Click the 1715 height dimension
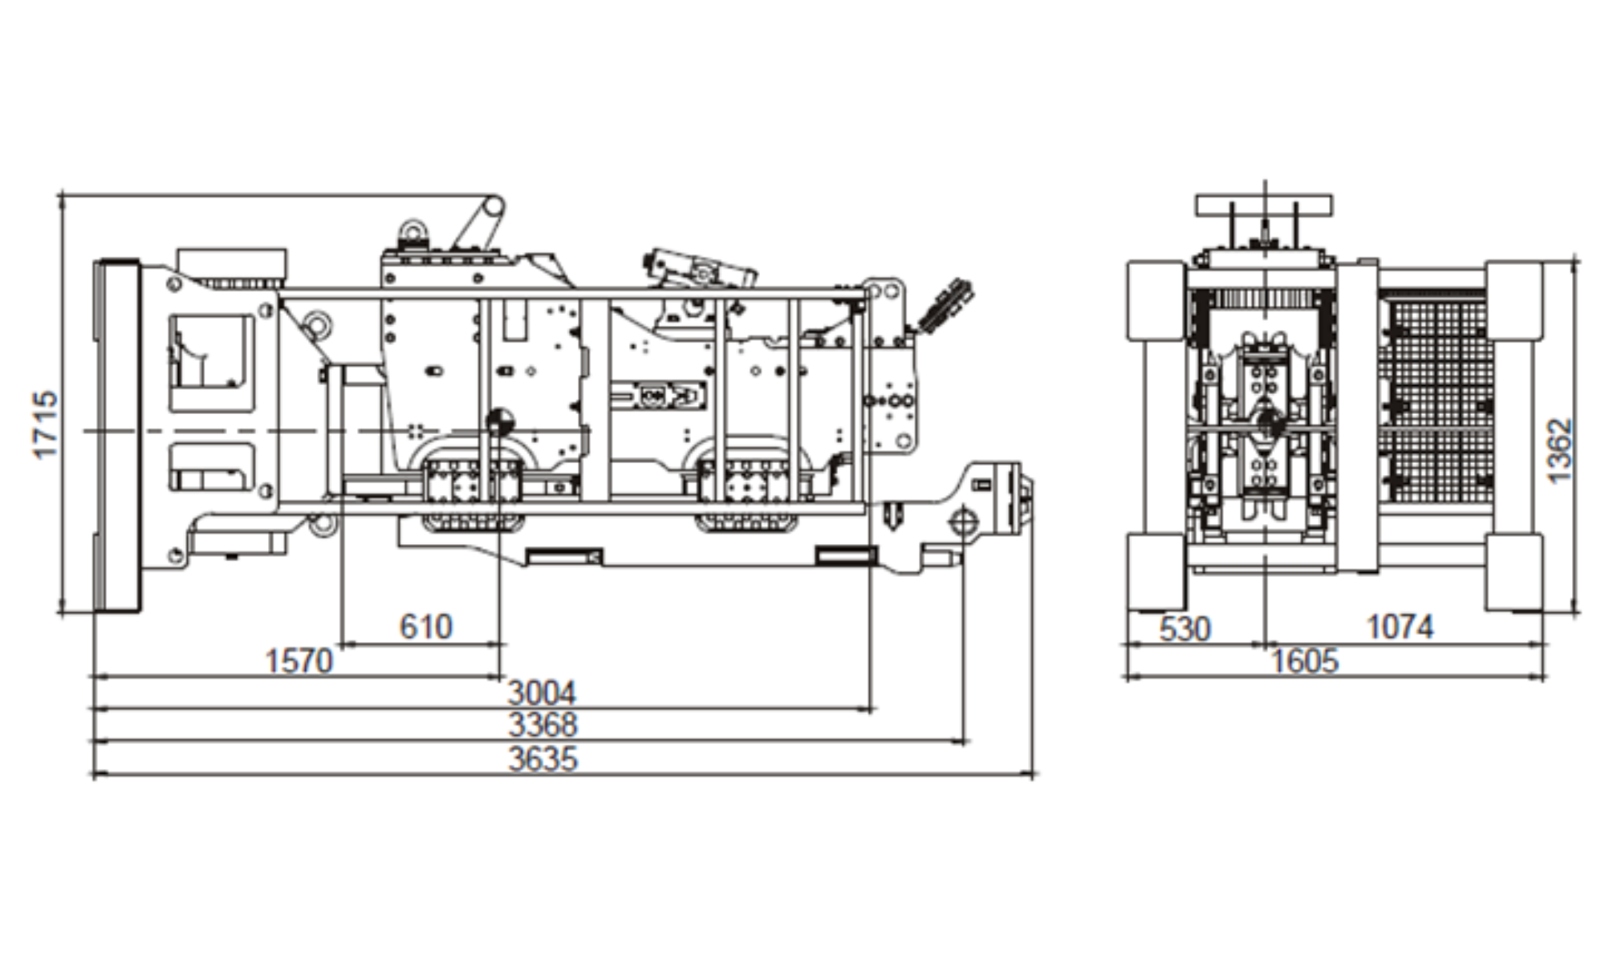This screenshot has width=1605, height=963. tap(47, 425)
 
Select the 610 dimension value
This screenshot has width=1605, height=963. tap(425, 626)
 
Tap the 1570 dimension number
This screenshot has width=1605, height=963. tap(299, 661)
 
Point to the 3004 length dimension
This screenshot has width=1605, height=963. tap(542, 693)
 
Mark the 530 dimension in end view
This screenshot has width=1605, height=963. tap(1184, 629)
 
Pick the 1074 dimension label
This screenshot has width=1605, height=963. tap(1400, 627)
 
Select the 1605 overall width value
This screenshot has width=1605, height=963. tap(1305, 661)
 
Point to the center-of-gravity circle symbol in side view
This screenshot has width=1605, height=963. tap(499, 422)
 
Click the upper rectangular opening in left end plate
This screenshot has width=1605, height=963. tap(211, 361)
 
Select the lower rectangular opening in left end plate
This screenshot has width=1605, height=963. tap(212, 468)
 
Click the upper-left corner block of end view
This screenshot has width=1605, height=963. tap(1156, 299)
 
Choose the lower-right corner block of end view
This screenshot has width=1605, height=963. tap(1514, 572)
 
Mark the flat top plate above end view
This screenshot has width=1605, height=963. tap(1263, 205)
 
